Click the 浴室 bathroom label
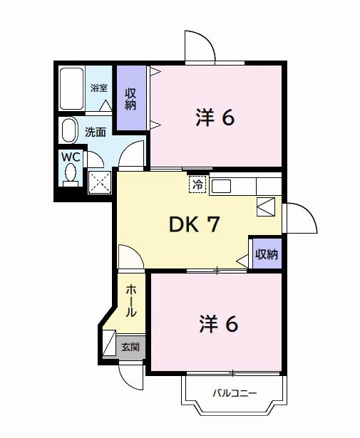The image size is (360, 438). pos(99,88)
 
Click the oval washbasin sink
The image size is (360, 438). pos(69,131)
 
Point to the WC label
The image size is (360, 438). pos(70,155)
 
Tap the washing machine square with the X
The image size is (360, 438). pos(100,182)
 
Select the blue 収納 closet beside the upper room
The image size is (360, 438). pos(131,98)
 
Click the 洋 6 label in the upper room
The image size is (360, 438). pos(215,118)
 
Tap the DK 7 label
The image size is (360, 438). pos(193,224)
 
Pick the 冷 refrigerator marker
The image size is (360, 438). pos(197,184)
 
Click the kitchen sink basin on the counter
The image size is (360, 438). pos(220,186)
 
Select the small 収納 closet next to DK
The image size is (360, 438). pos(266,254)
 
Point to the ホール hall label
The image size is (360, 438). pos(133,302)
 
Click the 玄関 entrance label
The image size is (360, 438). pos(130,348)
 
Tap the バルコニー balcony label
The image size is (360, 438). pos(234,393)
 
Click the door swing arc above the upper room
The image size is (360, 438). pos(200,48)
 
